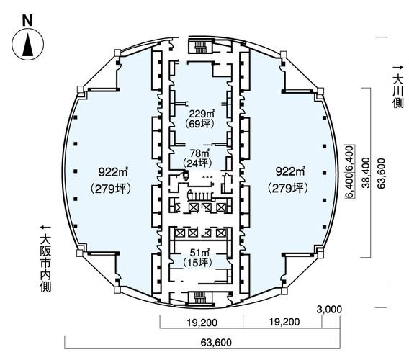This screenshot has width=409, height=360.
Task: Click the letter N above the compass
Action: coord(27,21)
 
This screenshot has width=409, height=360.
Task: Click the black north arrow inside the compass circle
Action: coord(28,44)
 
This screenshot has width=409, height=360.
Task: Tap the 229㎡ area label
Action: coord(202,114)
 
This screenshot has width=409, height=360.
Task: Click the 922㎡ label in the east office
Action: coord(290,171)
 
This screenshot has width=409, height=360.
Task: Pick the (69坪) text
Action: coord(199,124)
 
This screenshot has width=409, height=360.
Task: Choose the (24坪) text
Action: coord(197,163)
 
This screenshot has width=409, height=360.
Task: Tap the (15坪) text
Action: coord(197,262)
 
